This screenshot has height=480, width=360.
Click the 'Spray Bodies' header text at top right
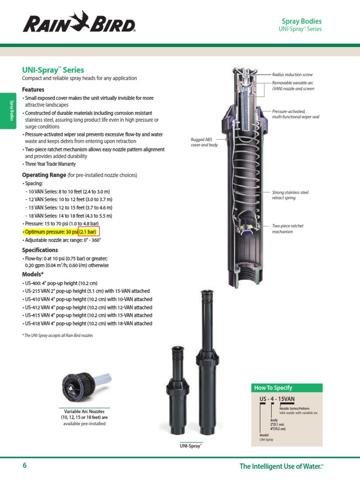click(301, 21)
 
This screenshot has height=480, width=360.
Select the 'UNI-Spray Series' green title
click(53, 69)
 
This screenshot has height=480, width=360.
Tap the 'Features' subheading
click(33, 90)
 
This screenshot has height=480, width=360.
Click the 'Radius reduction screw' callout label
click(292, 75)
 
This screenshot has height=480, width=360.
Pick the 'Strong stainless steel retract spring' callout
click(290, 195)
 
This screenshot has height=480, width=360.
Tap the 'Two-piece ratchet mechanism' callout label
click(288, 229)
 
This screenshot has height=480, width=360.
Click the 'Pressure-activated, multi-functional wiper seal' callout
click(295, 114)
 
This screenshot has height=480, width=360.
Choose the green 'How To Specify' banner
click(287, 388)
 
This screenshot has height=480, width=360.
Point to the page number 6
click(24, 465)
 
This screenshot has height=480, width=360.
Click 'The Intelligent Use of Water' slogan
click(281, 466)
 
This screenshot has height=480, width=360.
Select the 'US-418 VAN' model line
click(88, 323)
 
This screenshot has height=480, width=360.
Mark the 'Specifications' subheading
click(40, 250)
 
